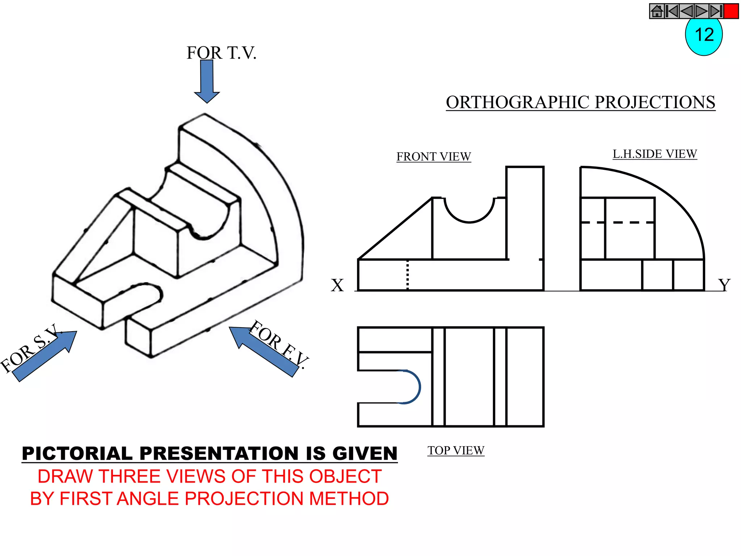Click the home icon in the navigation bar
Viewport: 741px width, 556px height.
(x=657, y=11)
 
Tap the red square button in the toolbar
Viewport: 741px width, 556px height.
(x=731, y=11)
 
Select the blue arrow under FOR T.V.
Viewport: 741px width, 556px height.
(x=207, y=81)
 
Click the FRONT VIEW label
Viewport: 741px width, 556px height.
(x=433, y=157)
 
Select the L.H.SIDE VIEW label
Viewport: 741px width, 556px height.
(x=655, y=154)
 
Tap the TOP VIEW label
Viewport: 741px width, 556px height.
(x=456, y=451)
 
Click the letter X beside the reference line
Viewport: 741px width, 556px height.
(x=337, y=285)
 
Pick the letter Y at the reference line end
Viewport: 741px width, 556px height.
(x=724, y=285)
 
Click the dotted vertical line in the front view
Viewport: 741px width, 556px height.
(x=407, y=275)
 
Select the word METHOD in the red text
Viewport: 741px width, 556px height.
(x=349, y=499)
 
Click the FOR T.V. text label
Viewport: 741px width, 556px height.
(x=221, y=53)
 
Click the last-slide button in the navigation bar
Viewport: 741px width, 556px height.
(x=716, y=11)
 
